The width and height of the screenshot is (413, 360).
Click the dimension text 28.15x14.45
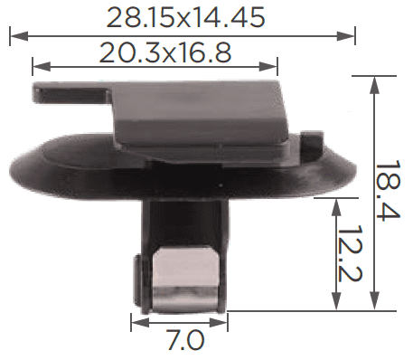[185, 17]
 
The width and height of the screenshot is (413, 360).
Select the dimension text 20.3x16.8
[165, 52]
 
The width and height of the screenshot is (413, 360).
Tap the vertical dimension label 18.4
[389, 190]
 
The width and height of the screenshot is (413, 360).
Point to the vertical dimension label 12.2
[350, 253]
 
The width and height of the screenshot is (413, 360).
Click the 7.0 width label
[185, 339]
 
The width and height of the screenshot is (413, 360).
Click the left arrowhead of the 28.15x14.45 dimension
[19, 36]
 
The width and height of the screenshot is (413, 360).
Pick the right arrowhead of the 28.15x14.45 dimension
[346, 36]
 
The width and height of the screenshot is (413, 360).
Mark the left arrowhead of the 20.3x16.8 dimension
[42, 67]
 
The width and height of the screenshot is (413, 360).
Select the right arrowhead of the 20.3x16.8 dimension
[268, 67]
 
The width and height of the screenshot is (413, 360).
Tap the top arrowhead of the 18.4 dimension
[374, 85]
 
